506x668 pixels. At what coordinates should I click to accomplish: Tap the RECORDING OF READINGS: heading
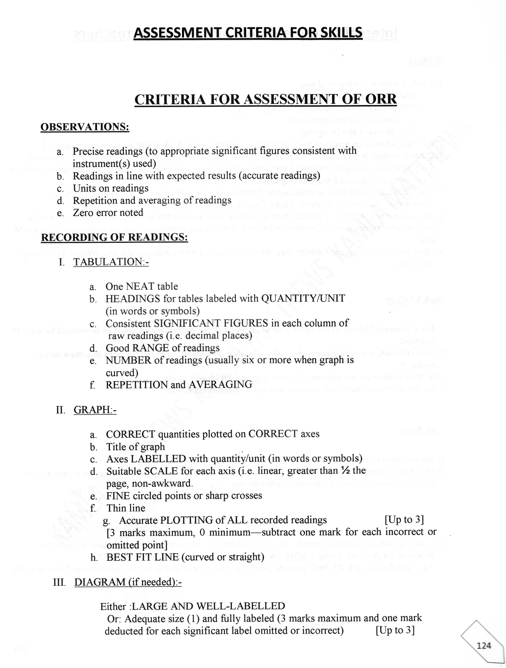114,237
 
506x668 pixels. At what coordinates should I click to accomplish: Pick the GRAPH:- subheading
95,410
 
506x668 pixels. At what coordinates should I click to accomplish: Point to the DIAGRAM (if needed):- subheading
128,582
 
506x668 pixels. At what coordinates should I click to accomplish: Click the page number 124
484,645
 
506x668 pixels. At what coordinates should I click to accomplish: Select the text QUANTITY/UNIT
303,298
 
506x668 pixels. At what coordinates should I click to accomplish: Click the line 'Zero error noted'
108,213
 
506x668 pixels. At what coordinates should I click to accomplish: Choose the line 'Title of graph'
135,447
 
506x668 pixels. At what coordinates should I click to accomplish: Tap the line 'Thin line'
126,508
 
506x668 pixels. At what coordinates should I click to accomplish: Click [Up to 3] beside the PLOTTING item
404,520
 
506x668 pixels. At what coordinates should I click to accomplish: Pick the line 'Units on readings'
110,188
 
